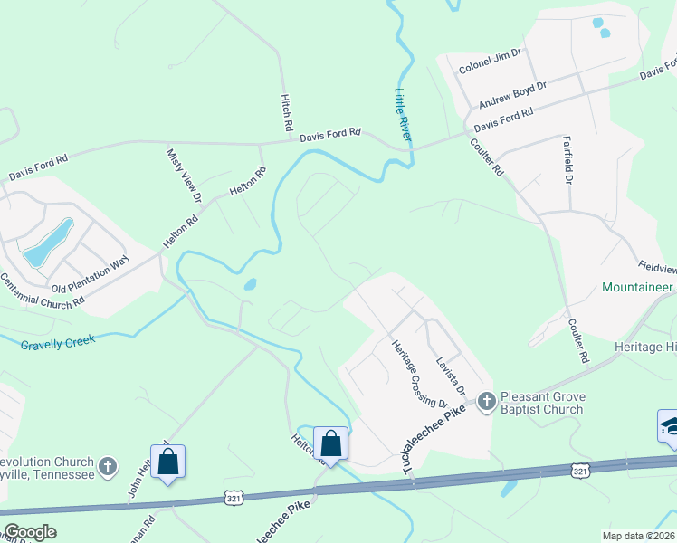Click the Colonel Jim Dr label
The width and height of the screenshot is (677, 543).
coord(491,61)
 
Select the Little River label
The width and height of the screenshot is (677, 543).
coord(403,115)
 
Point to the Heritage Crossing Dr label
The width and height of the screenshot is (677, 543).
coord(418,373)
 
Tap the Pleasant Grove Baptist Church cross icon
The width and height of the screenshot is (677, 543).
coord(486,400)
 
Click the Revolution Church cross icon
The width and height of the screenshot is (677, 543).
coord(108,467)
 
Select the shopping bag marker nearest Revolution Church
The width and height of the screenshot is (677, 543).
coord(167,462)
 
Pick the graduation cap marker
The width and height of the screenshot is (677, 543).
coord(669,426)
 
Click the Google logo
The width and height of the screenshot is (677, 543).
coord(30,532)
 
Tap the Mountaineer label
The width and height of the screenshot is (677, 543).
coord(638,287)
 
